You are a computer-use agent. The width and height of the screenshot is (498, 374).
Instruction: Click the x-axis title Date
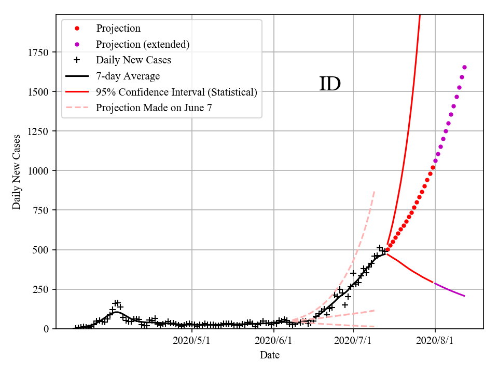[x=270, y=355]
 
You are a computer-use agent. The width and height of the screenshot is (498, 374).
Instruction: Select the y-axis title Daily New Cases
[x=17, y=171]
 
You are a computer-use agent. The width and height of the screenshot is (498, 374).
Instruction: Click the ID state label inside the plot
[x=330, y=84]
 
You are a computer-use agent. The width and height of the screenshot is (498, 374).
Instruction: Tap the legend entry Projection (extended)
[x=143, y=44]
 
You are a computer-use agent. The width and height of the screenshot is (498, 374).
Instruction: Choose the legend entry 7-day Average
[x=128, y=76]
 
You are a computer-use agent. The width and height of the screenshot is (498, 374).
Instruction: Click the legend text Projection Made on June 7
[x=154, y=108]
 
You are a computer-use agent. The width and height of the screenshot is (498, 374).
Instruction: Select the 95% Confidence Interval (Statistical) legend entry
[x=176, y=92]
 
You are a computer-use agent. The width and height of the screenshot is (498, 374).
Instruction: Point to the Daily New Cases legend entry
[x=133, y=60]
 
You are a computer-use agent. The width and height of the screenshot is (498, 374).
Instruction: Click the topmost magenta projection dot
[x=464, y=67]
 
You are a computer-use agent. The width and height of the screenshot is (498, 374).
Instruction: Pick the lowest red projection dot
[x=388, y=249]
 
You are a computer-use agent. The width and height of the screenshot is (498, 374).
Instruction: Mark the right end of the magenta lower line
[x=464, y=296]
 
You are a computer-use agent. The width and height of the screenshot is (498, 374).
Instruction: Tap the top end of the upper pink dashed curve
[x=374, y=192]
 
